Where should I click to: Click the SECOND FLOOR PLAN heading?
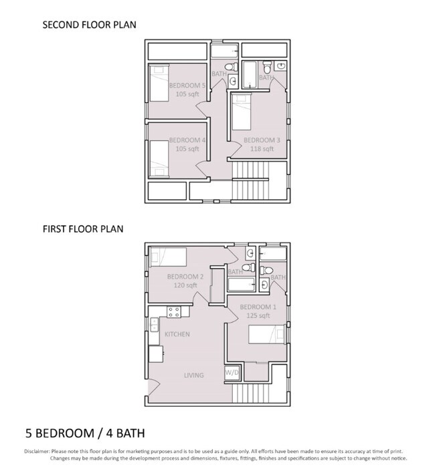coord(89,25)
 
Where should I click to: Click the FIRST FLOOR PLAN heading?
coord(83,228)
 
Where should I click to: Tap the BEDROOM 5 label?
coord(187,86)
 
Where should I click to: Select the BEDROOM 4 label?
coord(187,140)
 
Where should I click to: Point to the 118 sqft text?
coord(262,149)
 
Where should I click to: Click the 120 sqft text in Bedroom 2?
coord(185,285)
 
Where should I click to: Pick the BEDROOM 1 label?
coord(258,307)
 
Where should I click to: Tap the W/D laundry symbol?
coord(232,373)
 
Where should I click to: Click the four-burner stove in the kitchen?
coord(174,312)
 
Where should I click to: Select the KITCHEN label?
coord(177,334)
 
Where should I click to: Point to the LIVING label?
coord(194,375)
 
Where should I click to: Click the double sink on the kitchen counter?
coord(155,325)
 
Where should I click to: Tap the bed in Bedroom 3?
coord(242,112)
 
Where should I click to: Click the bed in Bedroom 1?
coord(266,334)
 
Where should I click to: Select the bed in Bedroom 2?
coord(168,257)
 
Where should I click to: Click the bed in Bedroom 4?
coord(159,159)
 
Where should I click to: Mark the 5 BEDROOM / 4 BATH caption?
coord(85,433)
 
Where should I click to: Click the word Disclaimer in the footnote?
coord(37,452)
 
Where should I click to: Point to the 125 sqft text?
coord(258,315)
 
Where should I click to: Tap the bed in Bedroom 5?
coord(159,83)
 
